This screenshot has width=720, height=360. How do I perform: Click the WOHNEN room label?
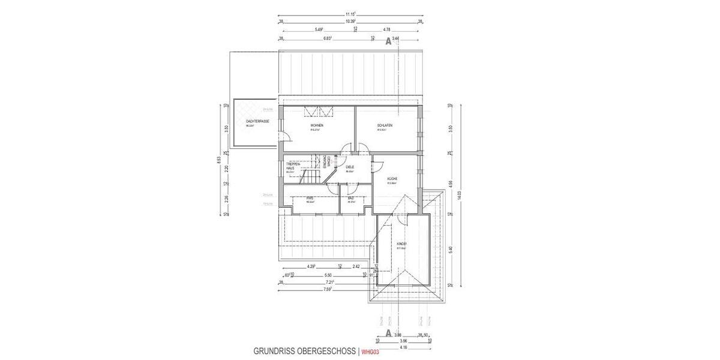pyautogui.click(x=317, y=125)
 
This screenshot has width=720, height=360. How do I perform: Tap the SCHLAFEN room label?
pyautogui.click(x=385, y=125)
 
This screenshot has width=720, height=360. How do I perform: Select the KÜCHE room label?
pyautogui.click(x=393, y=179)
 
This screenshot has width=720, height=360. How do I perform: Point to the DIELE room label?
pyautogui.click(x=350, y=167)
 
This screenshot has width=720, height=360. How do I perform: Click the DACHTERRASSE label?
pyautogui.click(x=257, y=122)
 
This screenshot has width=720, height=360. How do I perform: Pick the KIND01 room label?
pyautogui.click(x=402, y=244)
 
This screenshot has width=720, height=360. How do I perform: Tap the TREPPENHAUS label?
pyautogui.click(x=293, y=166)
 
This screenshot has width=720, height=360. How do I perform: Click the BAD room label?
pyautogui.click(x=351, y=197)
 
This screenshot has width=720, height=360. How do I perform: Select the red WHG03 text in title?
pyautogui.click(x=370, y=352)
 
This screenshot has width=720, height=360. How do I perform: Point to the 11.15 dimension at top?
pyautogui.click(x=350, y=13)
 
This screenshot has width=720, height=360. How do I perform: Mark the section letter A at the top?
pyautogui.click(x=388, y=42)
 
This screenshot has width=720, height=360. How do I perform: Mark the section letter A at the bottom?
pyautogui.click(x=388, y=332)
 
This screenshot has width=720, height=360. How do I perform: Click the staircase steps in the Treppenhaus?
pyautogui.click(x=311, y=176)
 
